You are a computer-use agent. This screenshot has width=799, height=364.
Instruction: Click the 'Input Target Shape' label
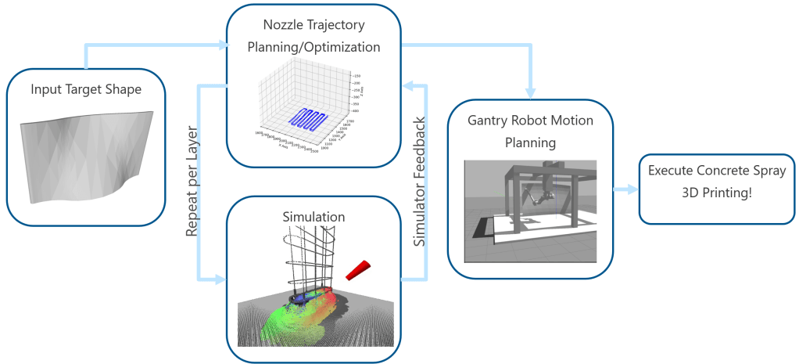coord(86,89)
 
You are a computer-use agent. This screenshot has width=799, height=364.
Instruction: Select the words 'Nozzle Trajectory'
coord(314,25)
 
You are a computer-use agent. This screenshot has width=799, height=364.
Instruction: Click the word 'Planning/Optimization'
coord(314,47)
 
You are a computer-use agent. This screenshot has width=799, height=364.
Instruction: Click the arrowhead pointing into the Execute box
coord(632,189)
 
